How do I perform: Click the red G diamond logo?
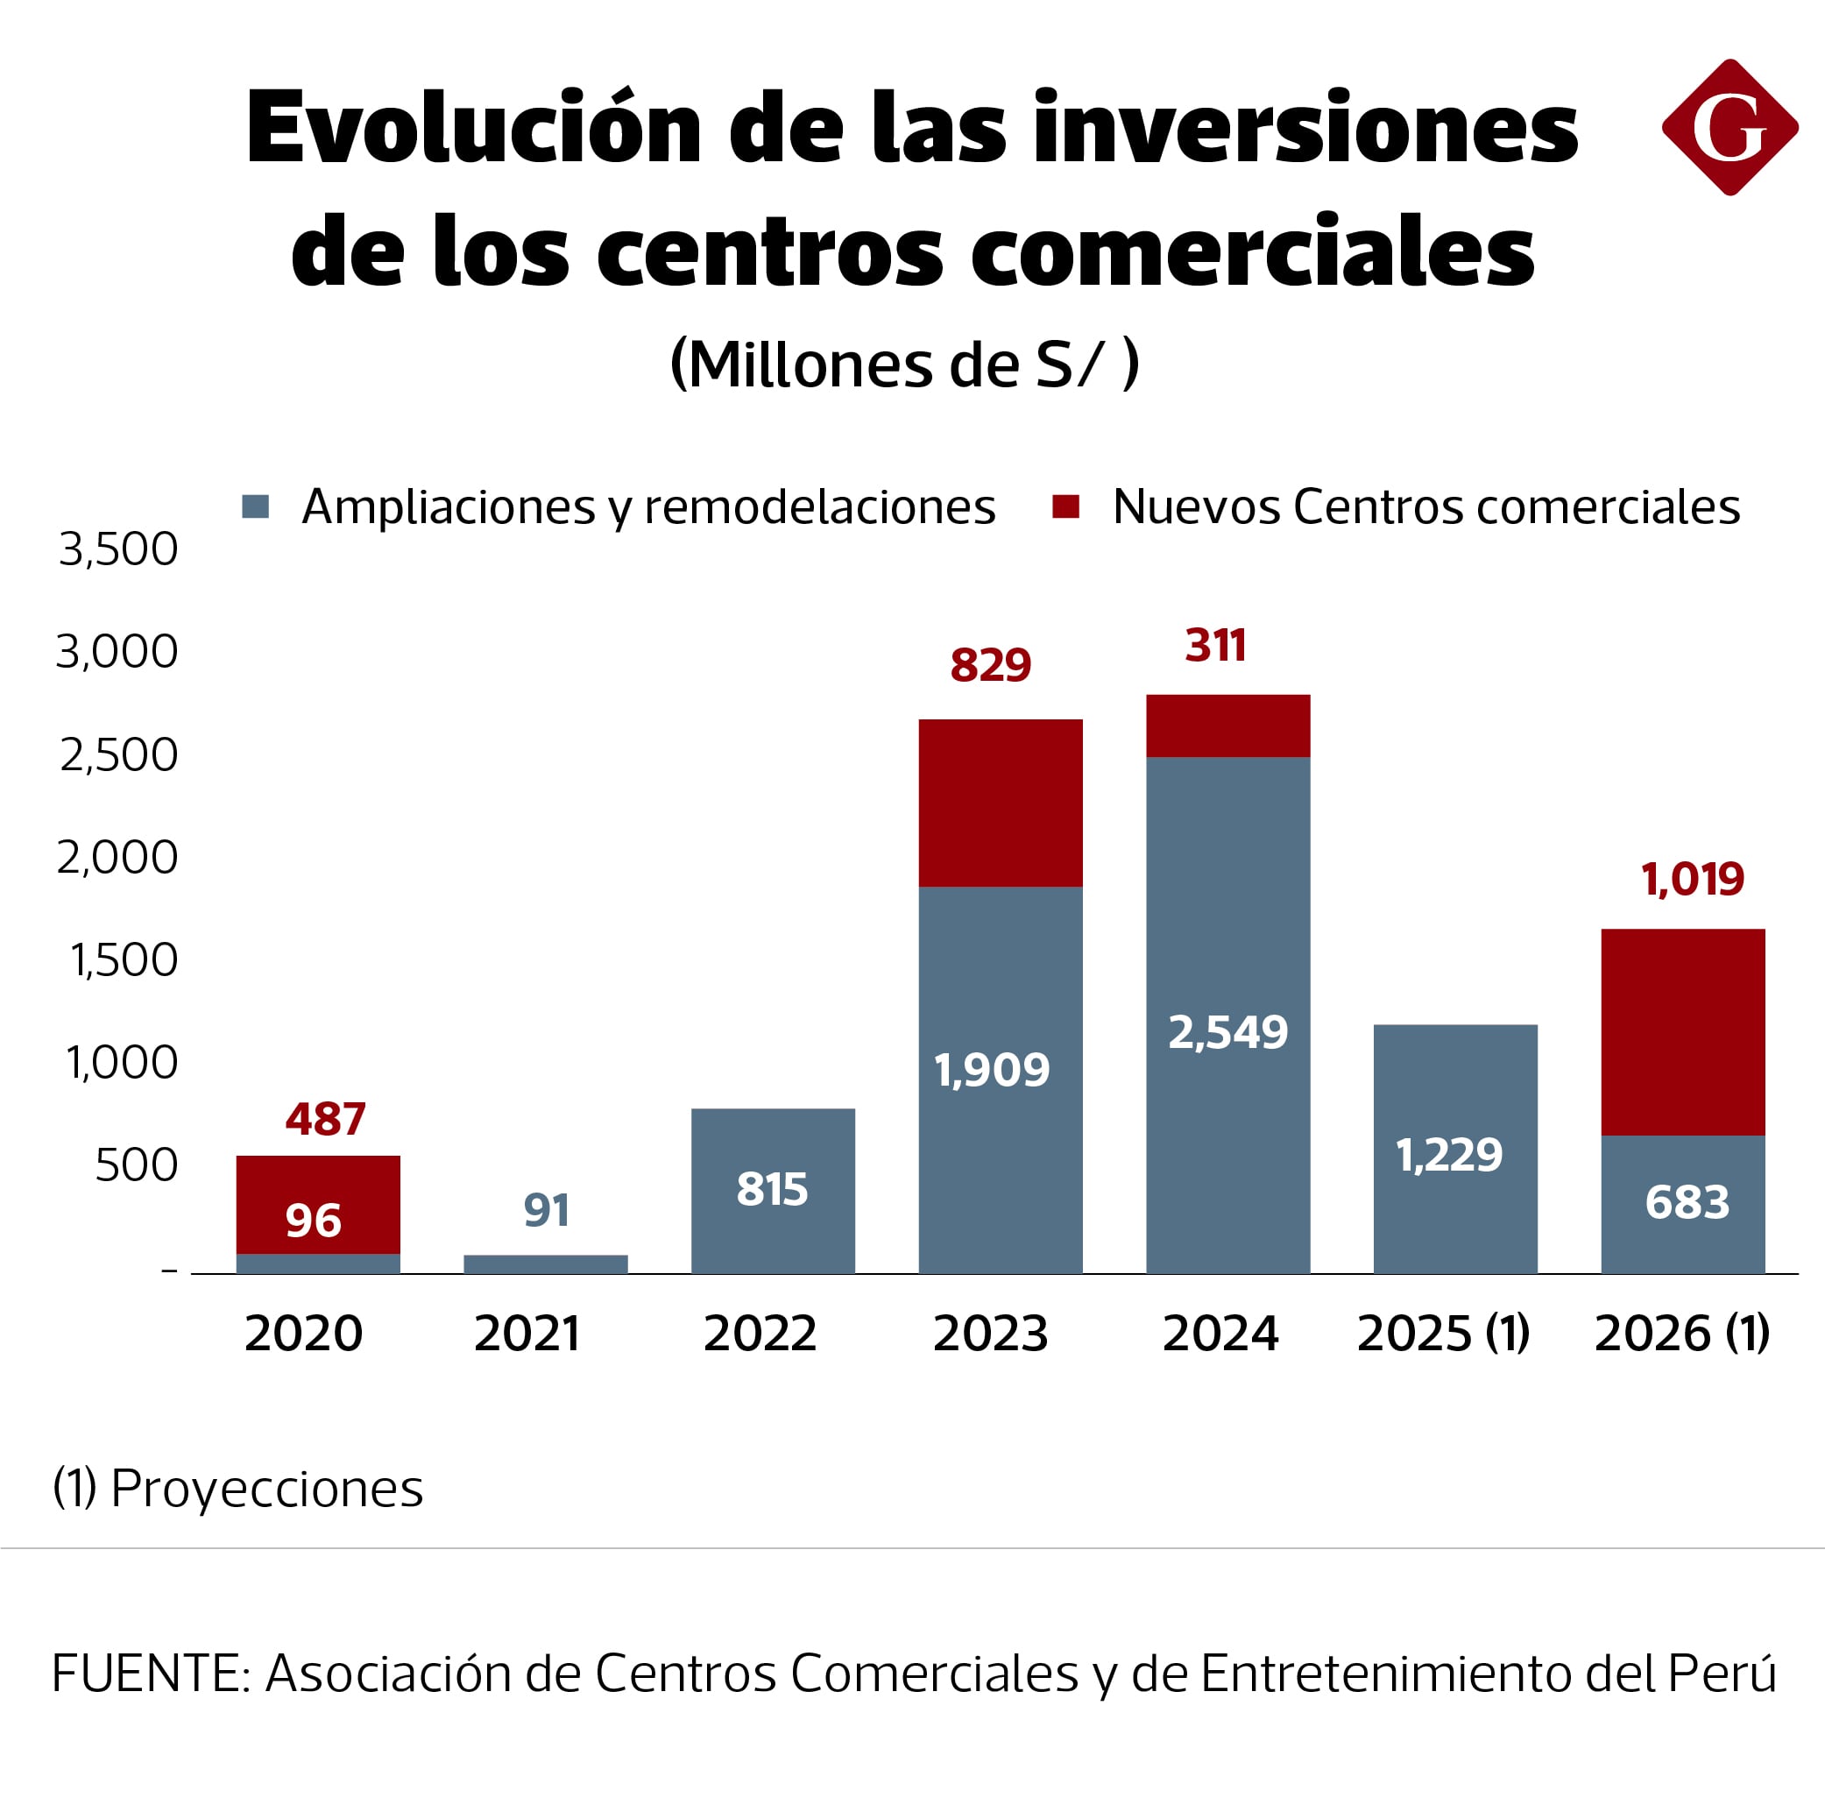(1729, 128)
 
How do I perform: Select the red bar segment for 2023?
(1001, 803)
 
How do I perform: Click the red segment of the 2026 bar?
(1682, 1031)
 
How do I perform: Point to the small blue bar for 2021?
(545, 1264)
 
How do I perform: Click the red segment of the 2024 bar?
(1227, 726)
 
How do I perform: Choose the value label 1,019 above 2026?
(1692, 880)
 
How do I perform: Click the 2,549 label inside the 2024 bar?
(1227, 1031)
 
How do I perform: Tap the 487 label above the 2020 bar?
(325, 1120)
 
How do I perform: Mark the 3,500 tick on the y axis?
(118, 549)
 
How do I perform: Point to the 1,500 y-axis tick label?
(124, 959)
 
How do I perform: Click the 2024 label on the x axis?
(1220, 1333)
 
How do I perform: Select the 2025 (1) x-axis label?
(1442, 1333)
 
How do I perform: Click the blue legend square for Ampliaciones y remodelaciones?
(255, 506)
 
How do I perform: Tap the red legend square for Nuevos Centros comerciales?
(1065, 506)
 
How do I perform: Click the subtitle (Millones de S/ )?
(904, 364)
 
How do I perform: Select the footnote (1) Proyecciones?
(238, 1489)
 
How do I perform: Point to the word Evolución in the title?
(472, 128)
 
